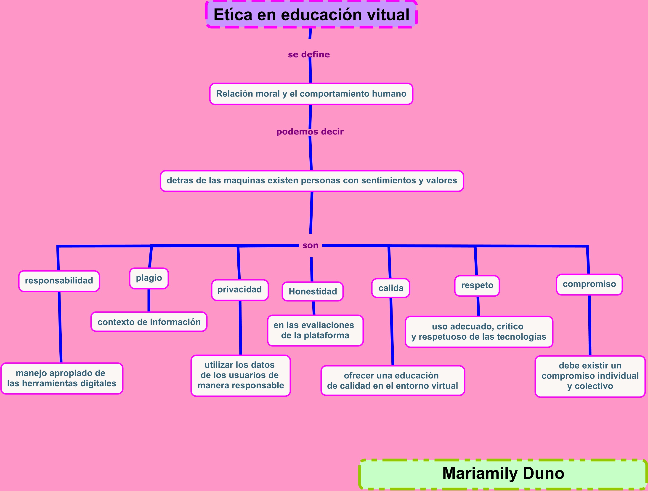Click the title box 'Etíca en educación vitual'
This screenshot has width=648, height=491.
pyautogui.click(x=311, y=15)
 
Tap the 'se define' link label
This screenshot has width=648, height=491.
pyautogui.click(x=309, y=54)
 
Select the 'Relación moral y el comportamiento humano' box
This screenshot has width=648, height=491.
pyautogui.click(x=311, y=94)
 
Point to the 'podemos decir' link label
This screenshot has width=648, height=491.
pyautogui.click(x=310, y=132)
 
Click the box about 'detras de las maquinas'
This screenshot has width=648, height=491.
pyautogui.click(x=312, y=181)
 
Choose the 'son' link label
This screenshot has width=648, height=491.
pyautogui.click(x=310, y=245)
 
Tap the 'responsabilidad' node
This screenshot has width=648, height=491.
pyautogui.click(x=59, y=281)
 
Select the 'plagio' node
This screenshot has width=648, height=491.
pyautogui.click(x=149, y=278)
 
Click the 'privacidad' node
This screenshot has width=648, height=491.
pyautogui.click(x=240, y=290)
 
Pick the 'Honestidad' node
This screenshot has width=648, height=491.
pyautogui.click(x=313, y=291)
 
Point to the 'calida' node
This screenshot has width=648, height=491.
pyautogui.click(x=391, y=288)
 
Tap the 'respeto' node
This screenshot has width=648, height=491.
pyautogui.click(x=477, y=285)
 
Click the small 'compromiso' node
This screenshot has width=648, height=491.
pyautogui.click(x=589, y=284)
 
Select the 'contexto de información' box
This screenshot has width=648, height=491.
pyautogui.click(x=149, y=322)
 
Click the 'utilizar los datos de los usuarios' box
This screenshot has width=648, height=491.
pyautogui.click(x=241, y=375)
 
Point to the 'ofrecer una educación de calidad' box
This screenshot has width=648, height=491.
pyautogui.click(x=393, y=381)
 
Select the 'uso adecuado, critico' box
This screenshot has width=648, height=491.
pyautogui.click(x=479, y=332)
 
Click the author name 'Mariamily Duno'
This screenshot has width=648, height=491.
pyautogui.click(x=503, y=473)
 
